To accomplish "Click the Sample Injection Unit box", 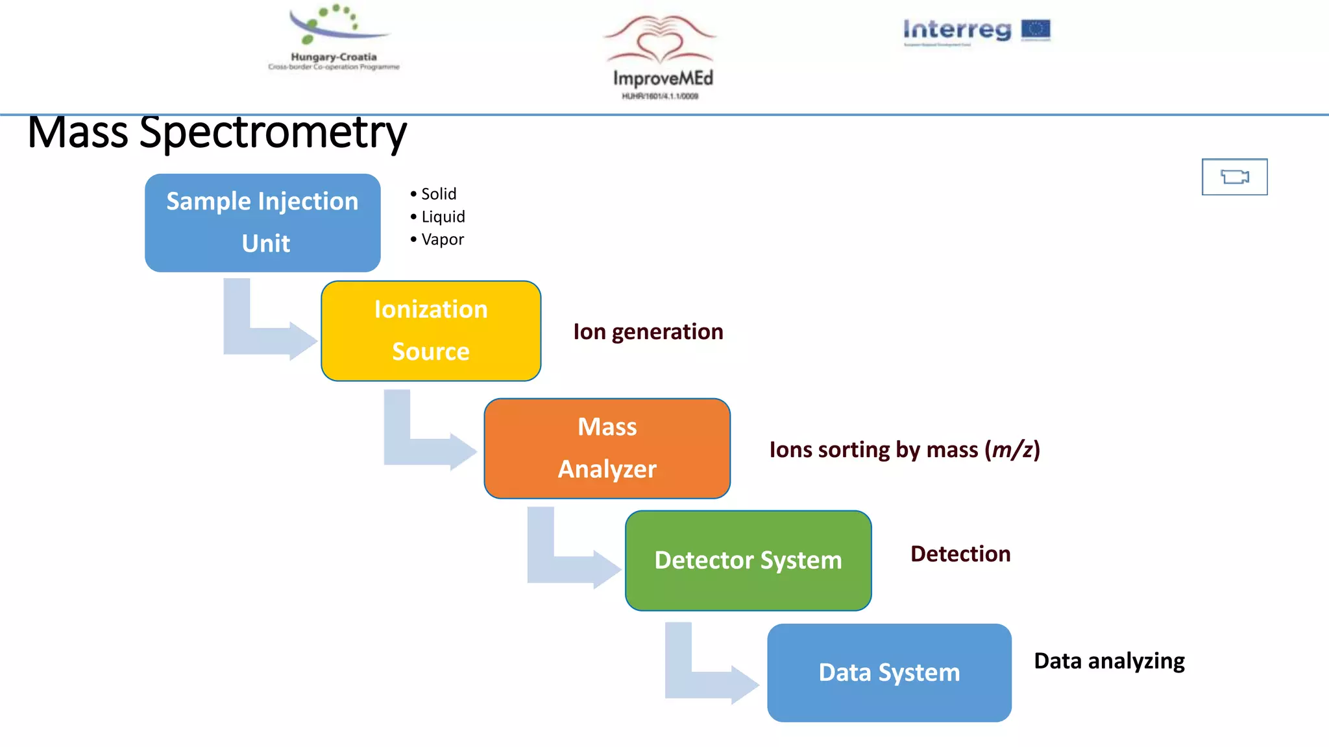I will click(x=262, y=222).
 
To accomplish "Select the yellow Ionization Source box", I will click(x=431, y=331).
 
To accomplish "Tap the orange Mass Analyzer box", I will click(x=607, y=448).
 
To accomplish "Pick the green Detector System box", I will click(x=748, y=560).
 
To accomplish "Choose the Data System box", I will click(x=888, y=672).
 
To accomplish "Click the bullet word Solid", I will click(x=439, y=194).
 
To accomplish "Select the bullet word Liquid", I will click(x=443, y=217).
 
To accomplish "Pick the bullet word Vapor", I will click(x=443, y=239).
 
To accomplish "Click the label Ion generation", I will click(x=648, y=332).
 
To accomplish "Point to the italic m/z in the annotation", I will click(x=1012, y=449).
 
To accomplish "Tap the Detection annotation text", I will click(x=960, y=554).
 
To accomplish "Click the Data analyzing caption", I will click(x=1109, y=661).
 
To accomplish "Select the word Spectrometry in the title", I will click(x=273, y=132).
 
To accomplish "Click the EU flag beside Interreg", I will click(x=1035, y=30).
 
